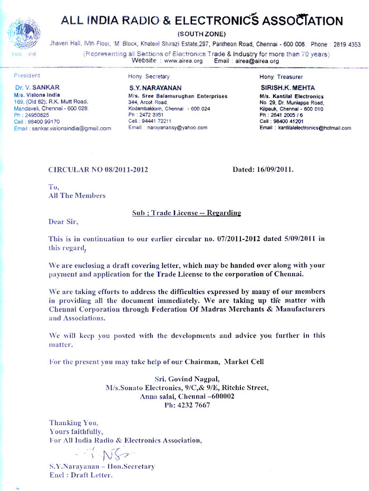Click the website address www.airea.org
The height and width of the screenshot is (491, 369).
click(x=183, y=61)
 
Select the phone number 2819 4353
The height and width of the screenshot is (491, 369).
click(x=346, y=45)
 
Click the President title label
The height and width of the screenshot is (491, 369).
click(x=27, y=76)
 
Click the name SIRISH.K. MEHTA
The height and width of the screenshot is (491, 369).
click(x=284, y=87)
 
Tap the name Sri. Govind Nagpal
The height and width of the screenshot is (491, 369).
click(x=187, y=379)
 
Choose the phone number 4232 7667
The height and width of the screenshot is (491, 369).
click(x=195, y=405)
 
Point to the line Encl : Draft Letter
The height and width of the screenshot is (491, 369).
click(x=81, y=475)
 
